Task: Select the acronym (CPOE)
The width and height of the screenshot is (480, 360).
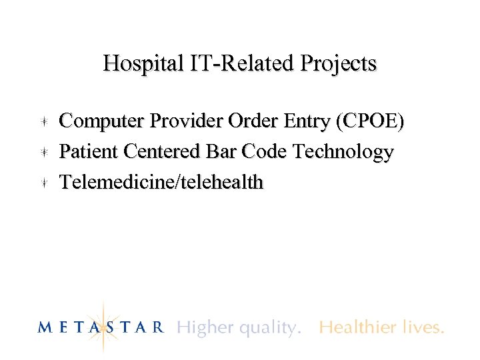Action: point(371,121)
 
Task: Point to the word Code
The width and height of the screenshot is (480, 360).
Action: point(265,152)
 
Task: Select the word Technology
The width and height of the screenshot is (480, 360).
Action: point(343,153)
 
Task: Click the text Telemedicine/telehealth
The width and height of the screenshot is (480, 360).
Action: point(161,182)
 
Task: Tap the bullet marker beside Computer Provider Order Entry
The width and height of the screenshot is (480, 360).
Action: point(42,121)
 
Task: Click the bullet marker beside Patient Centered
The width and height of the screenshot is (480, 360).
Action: point(42,152)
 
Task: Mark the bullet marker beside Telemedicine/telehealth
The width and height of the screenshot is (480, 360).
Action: point(42,182)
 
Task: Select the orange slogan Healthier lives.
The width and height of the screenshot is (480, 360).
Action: point(381,327)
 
